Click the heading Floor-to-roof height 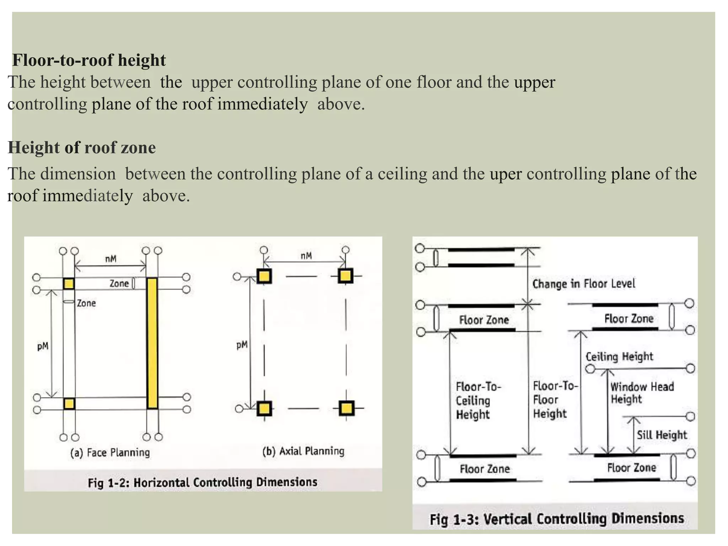(x=89, y=60)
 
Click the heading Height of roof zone (x=82, y=148)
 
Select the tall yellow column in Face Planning (x=152, y=343)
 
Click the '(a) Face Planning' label (x=110, y=453)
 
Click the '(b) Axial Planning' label (x=303, y=451)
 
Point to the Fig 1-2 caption (x=203, y=482)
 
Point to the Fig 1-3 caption (x=557, y=519)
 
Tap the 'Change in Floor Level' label (x=584, y=284)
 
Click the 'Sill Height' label (x=662, y=435)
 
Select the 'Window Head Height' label (x=642, y=393)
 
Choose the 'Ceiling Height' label (x=619, y=357)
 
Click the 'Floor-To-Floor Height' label (x=555, y=400)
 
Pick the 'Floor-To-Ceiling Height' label (x=478, y=400)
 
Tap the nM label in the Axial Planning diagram (x=306, y=256)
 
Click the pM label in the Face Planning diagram (x=43, y=346)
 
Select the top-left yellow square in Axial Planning (x=264, y=276)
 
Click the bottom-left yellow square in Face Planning (x=69, y=404)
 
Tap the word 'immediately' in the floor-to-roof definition (x=262, y=105)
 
